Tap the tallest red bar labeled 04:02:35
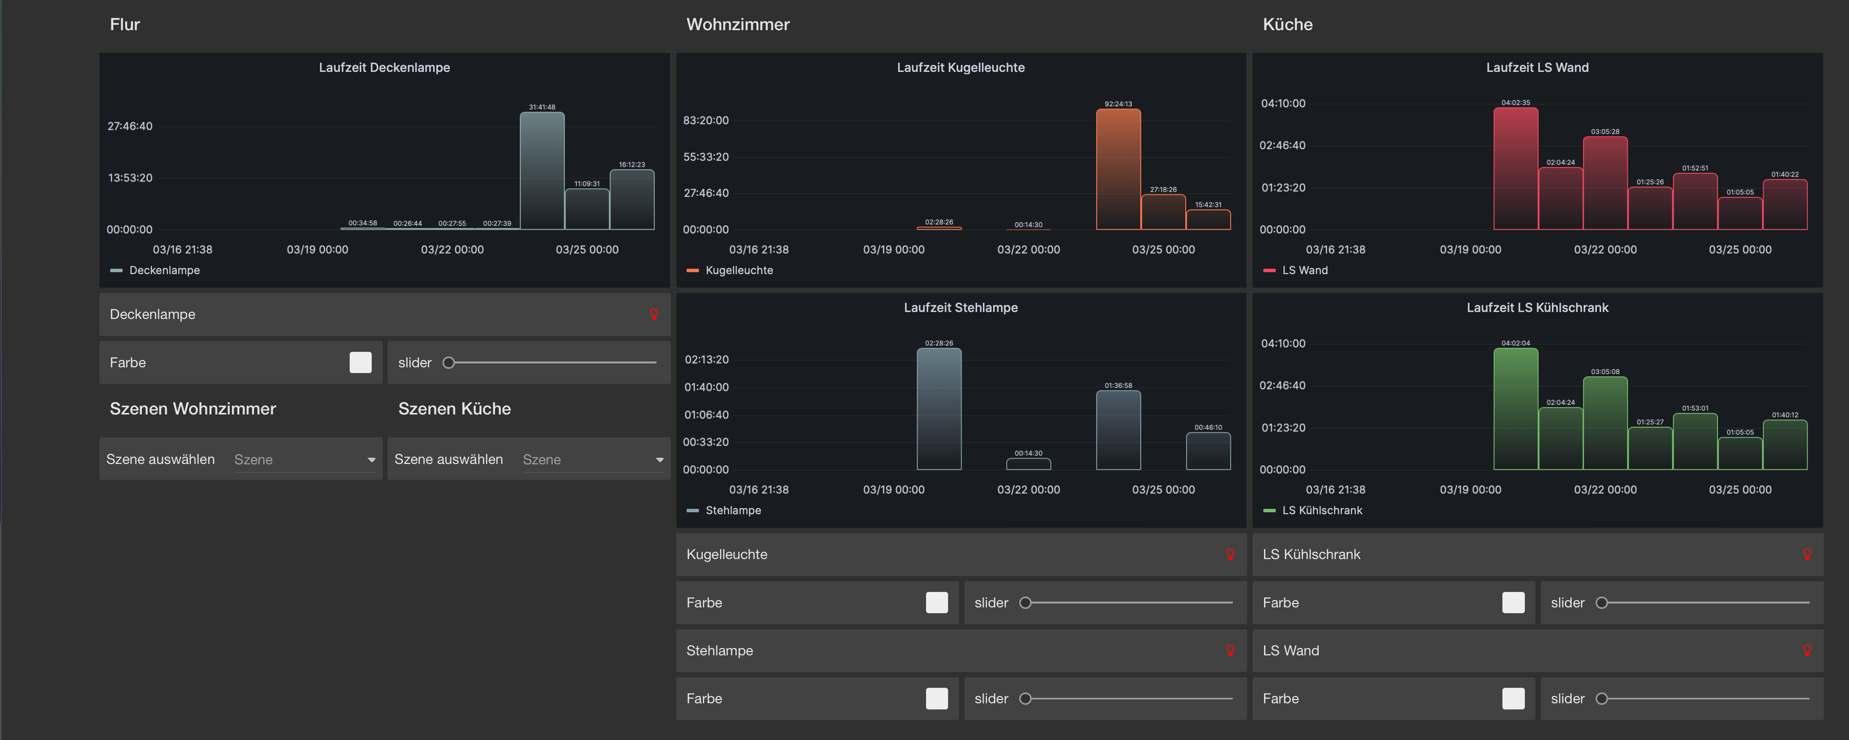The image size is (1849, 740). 1515,169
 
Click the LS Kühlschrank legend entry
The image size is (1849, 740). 1321,510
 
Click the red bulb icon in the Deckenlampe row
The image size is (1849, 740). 654,314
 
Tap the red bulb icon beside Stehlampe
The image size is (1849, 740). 1230,650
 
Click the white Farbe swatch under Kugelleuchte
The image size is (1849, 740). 937,602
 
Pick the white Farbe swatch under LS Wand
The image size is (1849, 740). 1513,698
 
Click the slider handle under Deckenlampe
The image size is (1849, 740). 449,363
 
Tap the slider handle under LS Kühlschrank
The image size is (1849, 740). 1601,603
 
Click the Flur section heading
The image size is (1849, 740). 125,24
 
